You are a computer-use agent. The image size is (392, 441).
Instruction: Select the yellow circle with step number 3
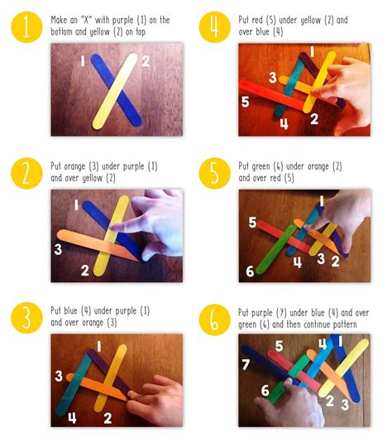point(26,319)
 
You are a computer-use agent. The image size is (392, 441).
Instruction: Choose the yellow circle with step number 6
point(215,319)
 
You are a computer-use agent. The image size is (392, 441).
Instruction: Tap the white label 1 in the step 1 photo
point(83,62)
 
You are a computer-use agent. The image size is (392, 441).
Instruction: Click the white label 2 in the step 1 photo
point(145,62)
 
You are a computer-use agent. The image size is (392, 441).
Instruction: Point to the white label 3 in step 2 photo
point(59,249)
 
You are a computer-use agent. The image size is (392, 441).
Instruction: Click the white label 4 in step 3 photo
point(72,418)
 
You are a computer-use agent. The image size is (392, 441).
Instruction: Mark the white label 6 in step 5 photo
point(250,271)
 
